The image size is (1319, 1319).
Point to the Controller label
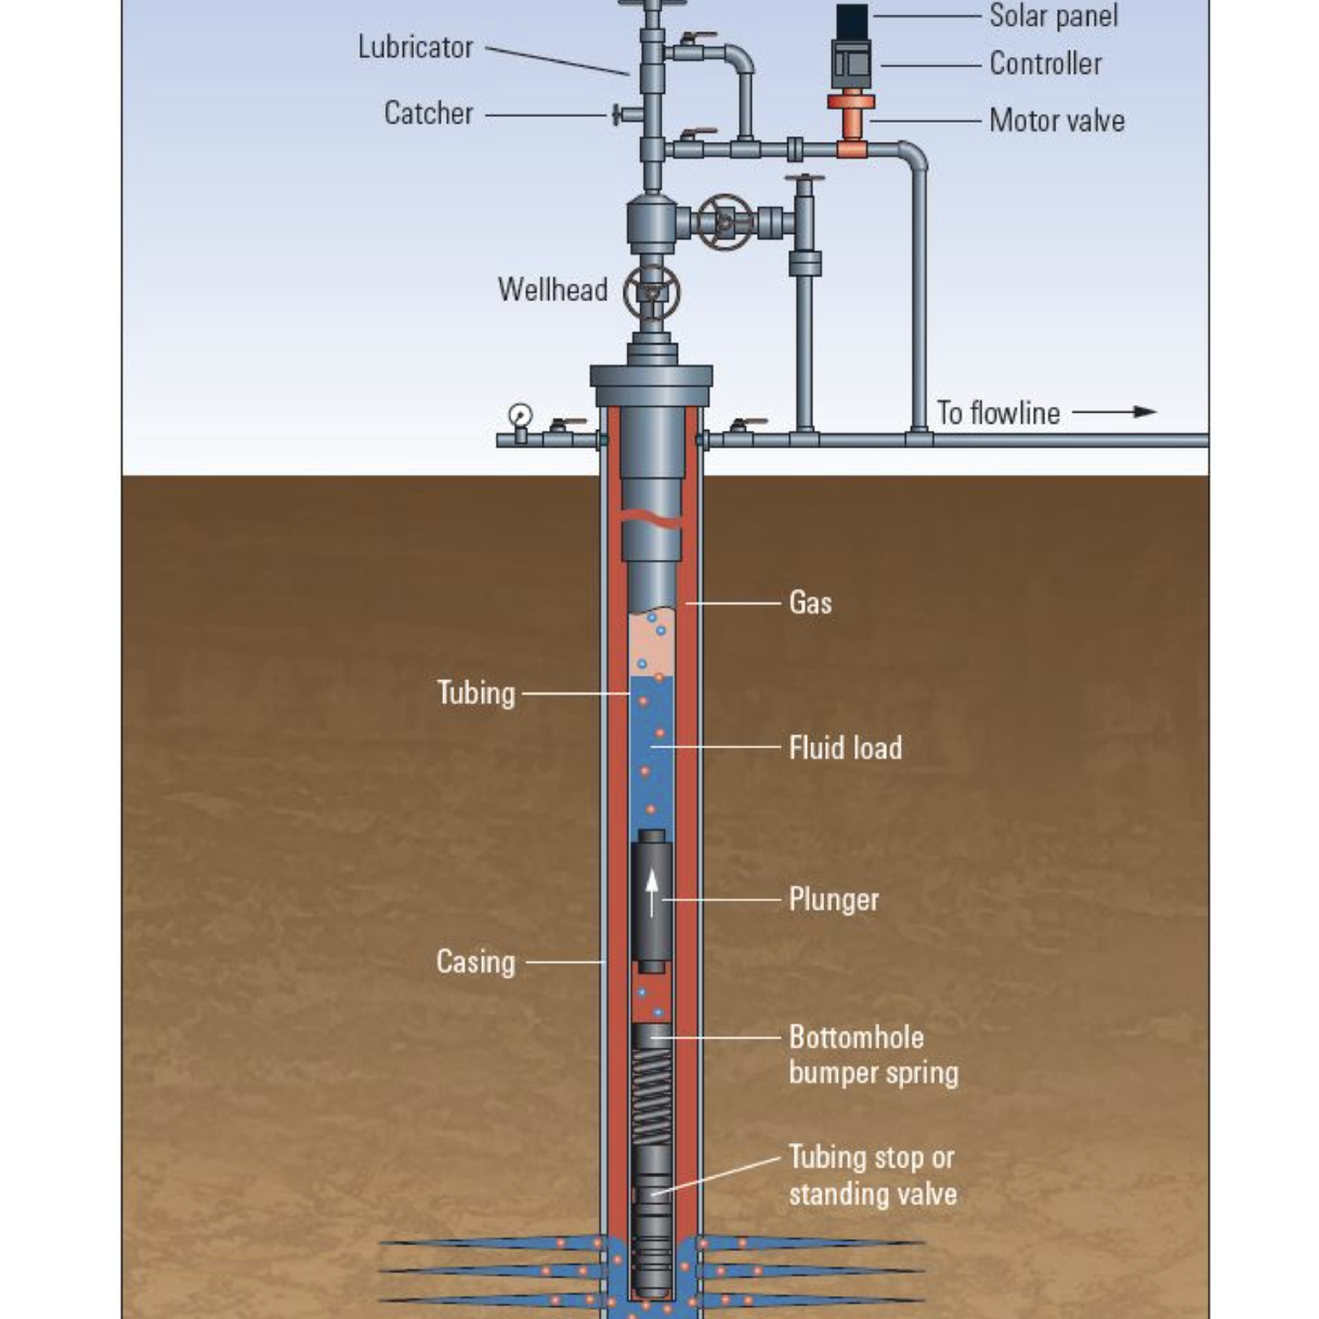click(x=1045, y=64)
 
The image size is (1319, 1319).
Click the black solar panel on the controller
click(x=852, y=21)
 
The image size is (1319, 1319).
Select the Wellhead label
click(x=552, y=290)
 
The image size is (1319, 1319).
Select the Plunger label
click(x=834, y=899)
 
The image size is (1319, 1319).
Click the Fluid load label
click(x=845, y=747)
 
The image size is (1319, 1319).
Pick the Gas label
click(x=810, y=603)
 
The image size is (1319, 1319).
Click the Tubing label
click(x=476, y=693)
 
